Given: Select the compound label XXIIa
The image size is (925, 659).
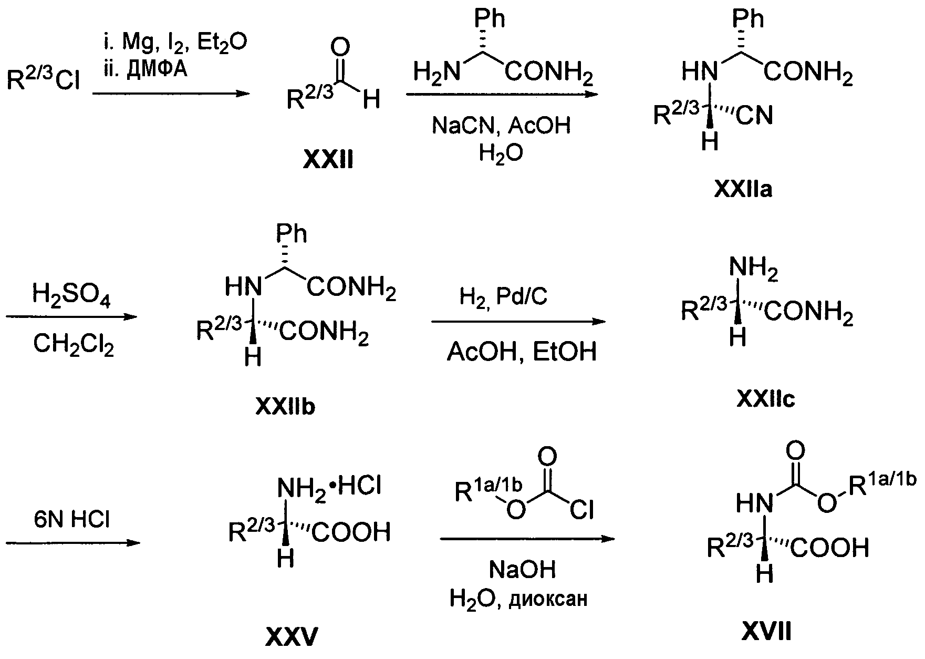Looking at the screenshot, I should (x=743, y=189).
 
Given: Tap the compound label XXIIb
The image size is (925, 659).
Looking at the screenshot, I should (x=285, y=406).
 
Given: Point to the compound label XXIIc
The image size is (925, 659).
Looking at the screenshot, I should (x=765, y=399).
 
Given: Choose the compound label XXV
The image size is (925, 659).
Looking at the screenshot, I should (x=292, y=637).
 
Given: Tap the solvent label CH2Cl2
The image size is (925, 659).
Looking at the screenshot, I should (x=73, y=345).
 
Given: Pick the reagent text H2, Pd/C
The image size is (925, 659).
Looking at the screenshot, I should (x=503, y=297).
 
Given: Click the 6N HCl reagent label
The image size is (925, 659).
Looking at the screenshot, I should (x=72, y=519).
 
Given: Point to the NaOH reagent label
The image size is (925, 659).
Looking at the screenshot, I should (x=522, y=569).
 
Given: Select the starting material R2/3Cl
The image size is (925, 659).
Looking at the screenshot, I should (x=43, y=80).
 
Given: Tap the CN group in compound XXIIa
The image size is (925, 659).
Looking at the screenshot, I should (x=754, y=115).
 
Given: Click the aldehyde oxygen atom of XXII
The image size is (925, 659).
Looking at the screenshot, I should (x=340, y=48).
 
